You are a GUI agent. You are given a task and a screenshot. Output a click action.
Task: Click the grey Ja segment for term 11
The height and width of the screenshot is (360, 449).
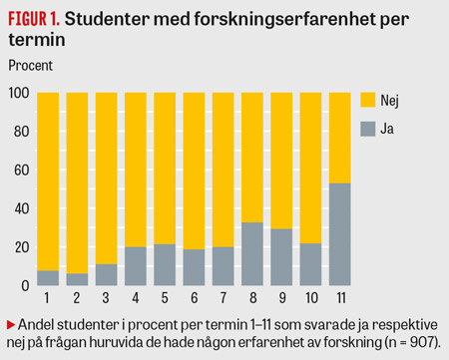[x=339, y=234]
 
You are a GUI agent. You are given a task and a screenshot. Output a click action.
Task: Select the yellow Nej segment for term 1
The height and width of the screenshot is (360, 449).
[x=48, y=181]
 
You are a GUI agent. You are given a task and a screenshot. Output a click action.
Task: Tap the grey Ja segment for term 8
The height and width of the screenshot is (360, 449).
[x=252, y=253]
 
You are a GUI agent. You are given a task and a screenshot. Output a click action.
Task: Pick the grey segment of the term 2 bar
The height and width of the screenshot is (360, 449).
[x=77, y=279]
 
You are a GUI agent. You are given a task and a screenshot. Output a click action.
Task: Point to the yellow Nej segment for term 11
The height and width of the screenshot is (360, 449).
[x=339, y=138]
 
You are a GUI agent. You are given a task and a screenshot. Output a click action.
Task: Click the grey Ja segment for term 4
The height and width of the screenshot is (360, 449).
[x=136, y=266]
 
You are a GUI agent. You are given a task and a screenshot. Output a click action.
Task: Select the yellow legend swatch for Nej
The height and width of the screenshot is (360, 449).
[x=368, y=100]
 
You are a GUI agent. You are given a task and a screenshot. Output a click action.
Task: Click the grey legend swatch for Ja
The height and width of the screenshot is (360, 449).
[x=368, y=129]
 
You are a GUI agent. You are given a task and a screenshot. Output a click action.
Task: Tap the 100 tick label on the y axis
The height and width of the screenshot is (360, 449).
[x=19, y=93]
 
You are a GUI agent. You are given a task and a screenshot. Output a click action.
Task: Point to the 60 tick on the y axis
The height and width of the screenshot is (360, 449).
[x=22, y=171]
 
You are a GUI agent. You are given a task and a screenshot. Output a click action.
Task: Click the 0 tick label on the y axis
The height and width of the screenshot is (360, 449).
[x=25, y=285]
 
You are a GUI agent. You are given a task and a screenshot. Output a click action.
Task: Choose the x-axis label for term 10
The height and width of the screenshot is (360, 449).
[x=311, y=298]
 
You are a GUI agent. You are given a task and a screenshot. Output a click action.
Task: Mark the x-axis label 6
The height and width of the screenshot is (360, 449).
[x=194, y=298]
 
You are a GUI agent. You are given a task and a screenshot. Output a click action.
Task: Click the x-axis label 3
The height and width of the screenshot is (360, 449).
[x=106, y=298]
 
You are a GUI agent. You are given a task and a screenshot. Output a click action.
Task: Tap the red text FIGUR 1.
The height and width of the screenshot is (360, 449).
[x=34, y=19]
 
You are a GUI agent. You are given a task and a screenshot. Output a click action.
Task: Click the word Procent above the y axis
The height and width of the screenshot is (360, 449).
[x=31, y=66]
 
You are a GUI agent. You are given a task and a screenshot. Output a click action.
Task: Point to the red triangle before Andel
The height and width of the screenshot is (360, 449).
[x=11, y=325]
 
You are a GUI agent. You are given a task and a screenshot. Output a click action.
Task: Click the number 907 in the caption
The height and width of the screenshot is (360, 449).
[x=422, y=342]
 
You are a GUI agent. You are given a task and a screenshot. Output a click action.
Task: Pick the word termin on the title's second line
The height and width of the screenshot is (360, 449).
[x=37, y=40]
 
